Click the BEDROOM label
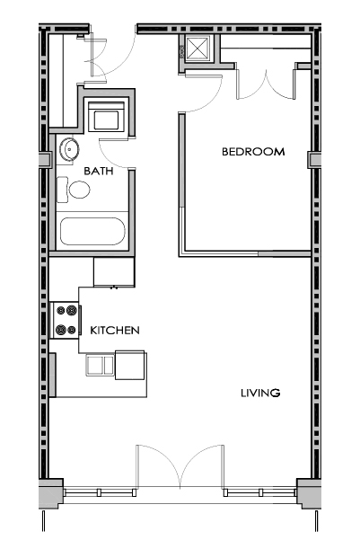point(253,152)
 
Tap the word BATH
point(99,171)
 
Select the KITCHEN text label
point(115,331)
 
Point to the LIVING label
point(260,393)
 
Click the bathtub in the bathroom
point(92,232)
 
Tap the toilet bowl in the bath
point(80,190)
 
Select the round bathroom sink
point(69,149)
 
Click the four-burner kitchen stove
point(66,321)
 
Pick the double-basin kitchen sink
point(100,365)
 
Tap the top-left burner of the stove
point(61,311)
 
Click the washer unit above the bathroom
point(106,117)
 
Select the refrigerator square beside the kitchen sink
point(129,366)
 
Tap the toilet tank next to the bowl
point(62,190)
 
